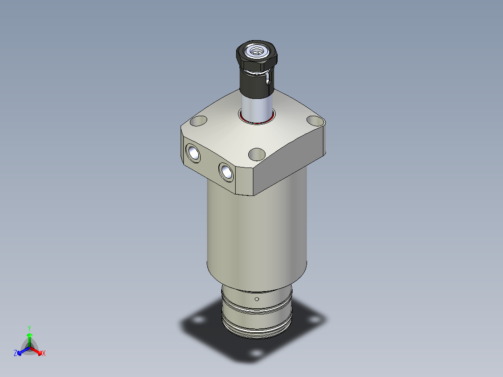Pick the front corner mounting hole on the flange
click(257, 154)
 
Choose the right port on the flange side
click(226, 171)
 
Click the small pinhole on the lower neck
click(257, 299)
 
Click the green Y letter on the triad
click(29, 328)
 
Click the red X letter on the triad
click(44, 354)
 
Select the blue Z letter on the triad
click(15, 354)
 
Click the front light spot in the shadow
click(256, 353)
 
